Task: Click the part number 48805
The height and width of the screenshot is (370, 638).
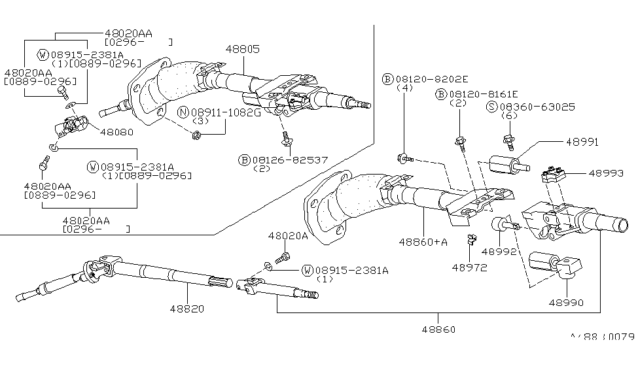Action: pos(242,48)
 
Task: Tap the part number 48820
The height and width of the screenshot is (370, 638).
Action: pos(188,309)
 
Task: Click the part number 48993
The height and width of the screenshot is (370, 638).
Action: pos(605,173)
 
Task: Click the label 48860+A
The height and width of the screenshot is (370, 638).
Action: pos(423,242)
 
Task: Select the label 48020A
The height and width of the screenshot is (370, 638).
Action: pos(287,235)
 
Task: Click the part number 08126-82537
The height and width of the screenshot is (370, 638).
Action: pos(291,160)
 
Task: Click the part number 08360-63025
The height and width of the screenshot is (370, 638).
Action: pos(529,106)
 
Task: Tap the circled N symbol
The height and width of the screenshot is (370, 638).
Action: pos(185,113)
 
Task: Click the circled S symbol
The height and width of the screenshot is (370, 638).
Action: pos(491,106)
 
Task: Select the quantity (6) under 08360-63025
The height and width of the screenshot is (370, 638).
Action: pos(508,116)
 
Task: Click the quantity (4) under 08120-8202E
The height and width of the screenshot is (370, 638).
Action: pos(405,88)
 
